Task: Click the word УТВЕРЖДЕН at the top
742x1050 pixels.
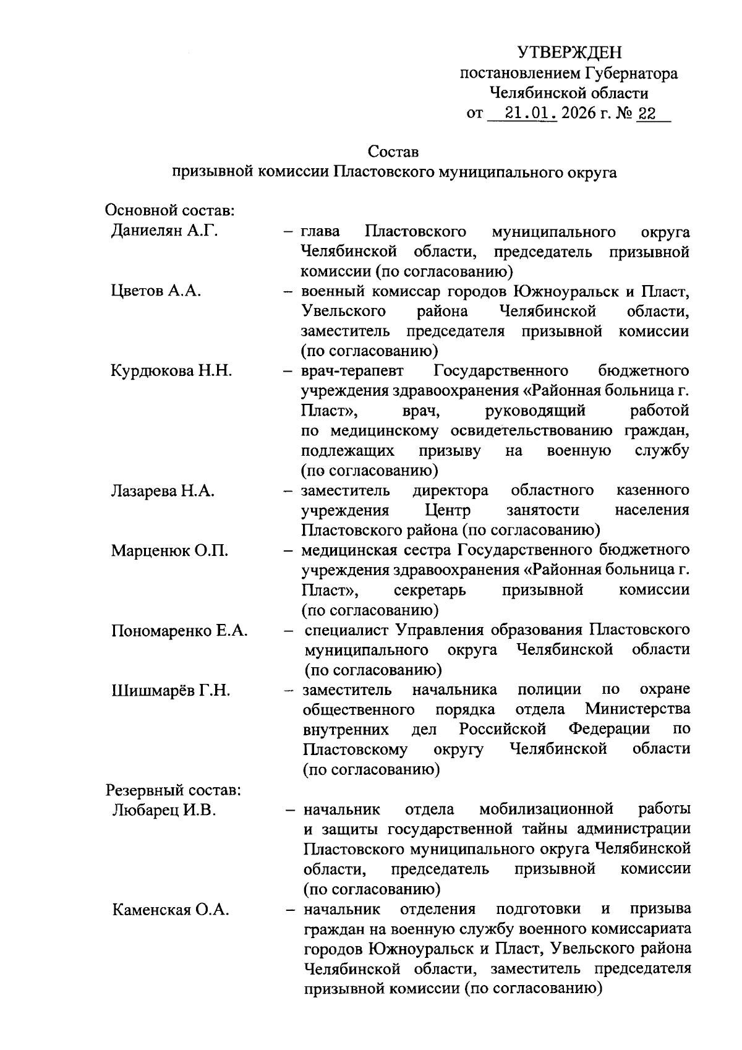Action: [x=569, y=53]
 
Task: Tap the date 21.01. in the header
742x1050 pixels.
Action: [x=531, y=114]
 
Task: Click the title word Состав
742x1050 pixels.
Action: [x=393, y=151]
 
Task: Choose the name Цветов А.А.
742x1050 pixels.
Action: [x=156, y=291]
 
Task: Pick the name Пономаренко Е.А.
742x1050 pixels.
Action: [x=180, y=630]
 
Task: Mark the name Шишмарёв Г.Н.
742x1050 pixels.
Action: [x=171, y=690]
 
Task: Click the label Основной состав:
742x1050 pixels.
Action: [x=170, y=211]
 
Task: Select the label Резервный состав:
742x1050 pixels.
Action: [x=174, y=790]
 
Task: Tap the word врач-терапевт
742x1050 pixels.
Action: [x=352, y=371]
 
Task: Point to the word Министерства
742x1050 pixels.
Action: [x=638, y=709]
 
